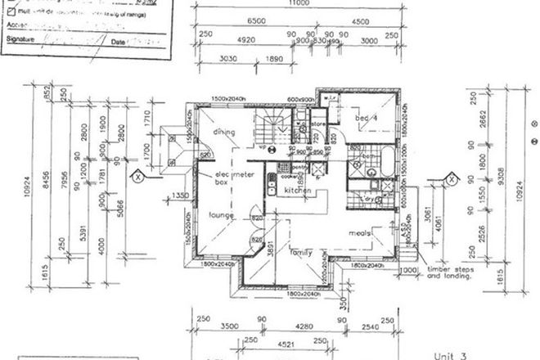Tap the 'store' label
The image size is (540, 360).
coord(317,125)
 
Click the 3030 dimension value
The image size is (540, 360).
coord(227,59)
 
